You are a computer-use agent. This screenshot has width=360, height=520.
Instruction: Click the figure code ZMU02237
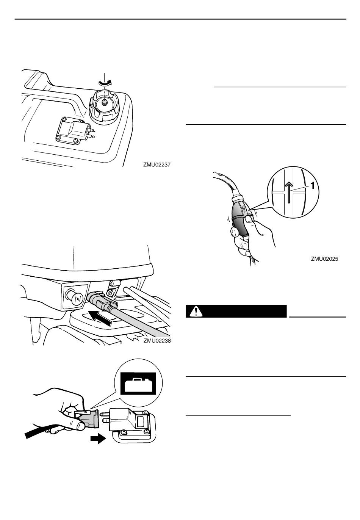pyautogui.click(x=157, y=165)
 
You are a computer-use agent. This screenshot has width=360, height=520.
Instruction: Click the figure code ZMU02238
pyautogui.click(x=157, y=341)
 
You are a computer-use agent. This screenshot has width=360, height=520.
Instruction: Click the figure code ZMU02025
pyautogui.click(x=324, y=258)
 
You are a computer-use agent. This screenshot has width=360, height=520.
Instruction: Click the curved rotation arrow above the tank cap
pyautogui.click(x=105, y=82)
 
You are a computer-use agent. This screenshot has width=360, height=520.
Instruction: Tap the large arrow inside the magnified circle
pyautogui.click(x=289, y=192)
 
